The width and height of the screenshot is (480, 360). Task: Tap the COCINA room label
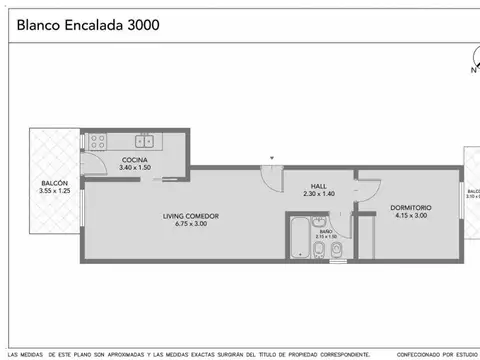point(136,160)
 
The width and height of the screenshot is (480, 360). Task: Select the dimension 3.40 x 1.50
point(136,168)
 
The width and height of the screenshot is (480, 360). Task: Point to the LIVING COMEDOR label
point(191,216)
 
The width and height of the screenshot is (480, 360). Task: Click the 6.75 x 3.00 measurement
point(191,224)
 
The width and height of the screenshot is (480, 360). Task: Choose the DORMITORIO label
point(410,207)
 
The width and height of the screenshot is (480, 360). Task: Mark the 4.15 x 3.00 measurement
point(410,215)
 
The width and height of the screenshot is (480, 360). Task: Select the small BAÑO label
point(326,231)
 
